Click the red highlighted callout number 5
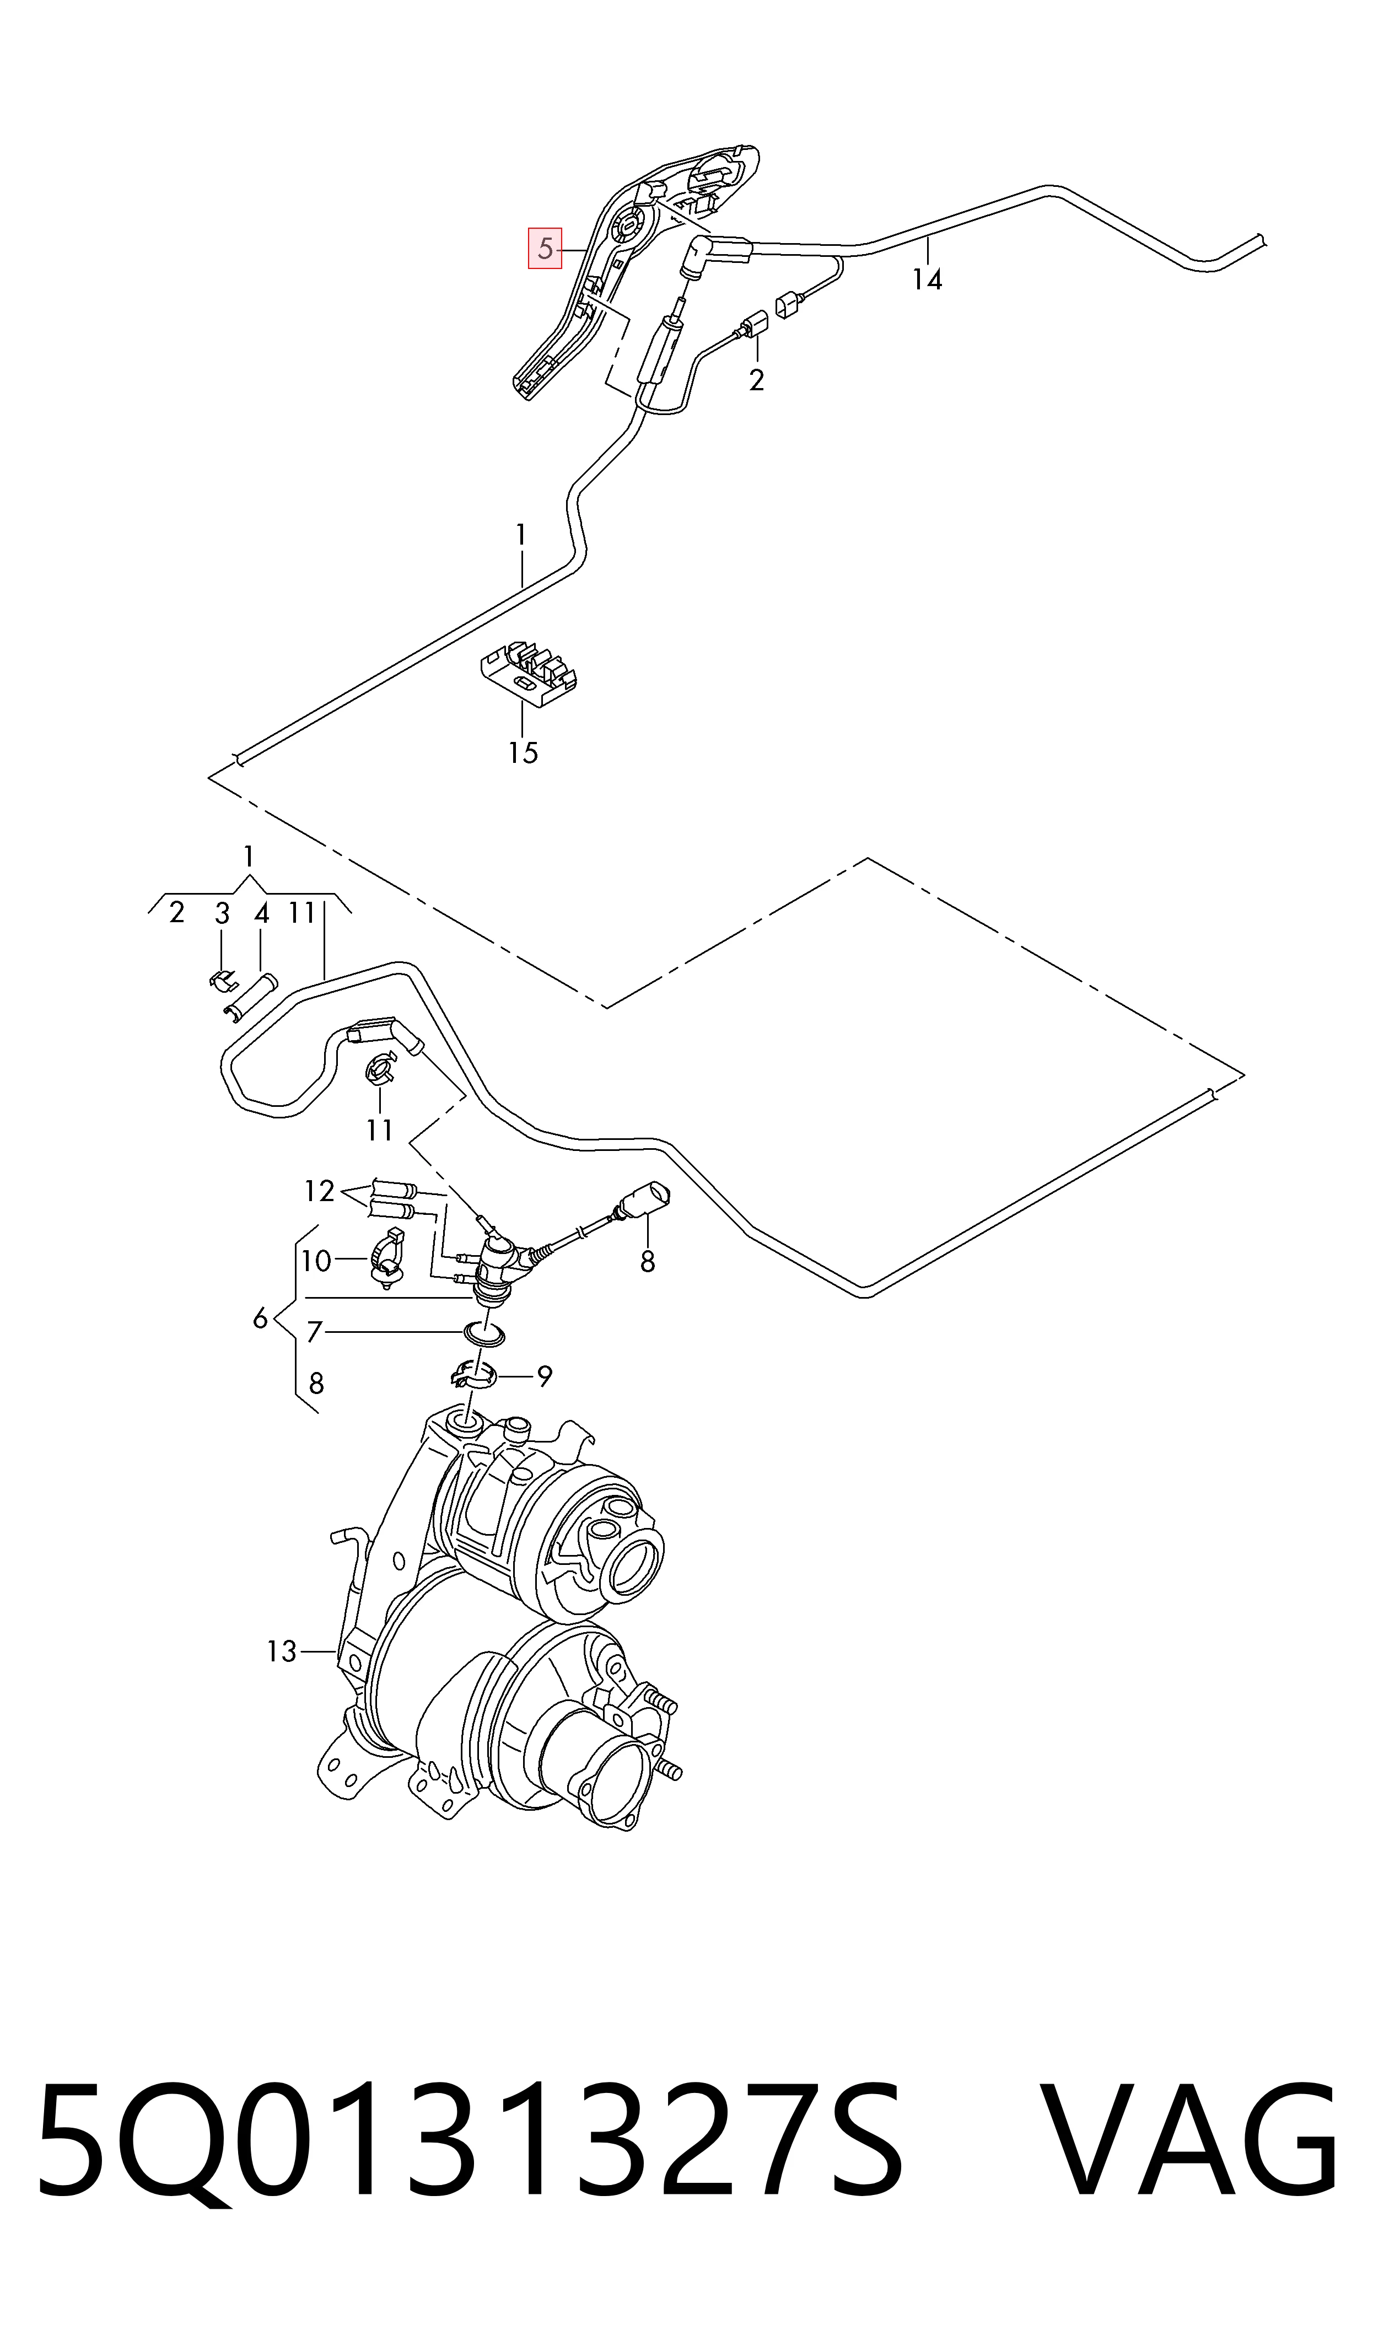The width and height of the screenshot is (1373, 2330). click(x=545, y=248)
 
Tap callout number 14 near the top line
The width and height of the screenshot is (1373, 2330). click(x=927, y=279)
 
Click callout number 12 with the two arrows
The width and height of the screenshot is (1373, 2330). click(x=319, y=1191)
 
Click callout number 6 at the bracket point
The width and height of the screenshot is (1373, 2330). click(x=260, y=1319)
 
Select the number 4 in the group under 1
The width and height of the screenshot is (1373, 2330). click(x=262, y=914)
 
